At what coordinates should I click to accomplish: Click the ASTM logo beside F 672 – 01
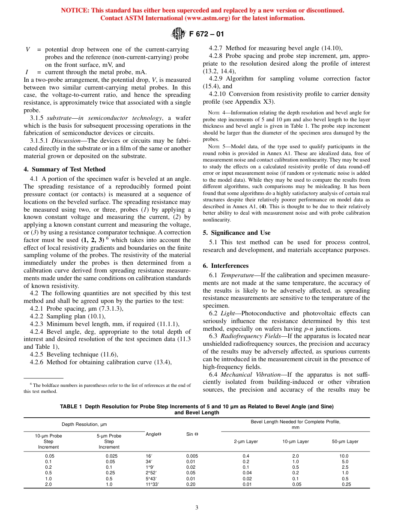(178, 33)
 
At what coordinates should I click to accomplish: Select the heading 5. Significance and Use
(236, 233)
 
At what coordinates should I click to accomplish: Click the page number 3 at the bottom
(197, 508)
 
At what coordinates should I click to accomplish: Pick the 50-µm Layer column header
(345, 441)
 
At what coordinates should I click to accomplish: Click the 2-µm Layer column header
(245, 441)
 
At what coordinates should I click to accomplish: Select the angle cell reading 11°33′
(153, 484)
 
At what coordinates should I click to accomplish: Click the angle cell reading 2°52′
(152, 473)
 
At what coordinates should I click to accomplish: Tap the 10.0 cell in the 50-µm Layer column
(344, 456)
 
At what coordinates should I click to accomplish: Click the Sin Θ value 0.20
(192, 484)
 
